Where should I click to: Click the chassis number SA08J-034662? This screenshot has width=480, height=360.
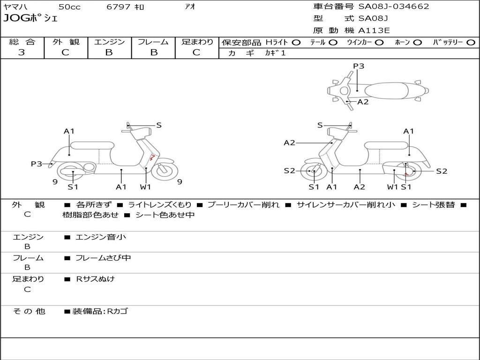click(x=394, y=7)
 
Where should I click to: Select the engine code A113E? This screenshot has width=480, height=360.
click(x=374, y=30)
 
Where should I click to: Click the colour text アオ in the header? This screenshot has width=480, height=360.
click(x=190, y=7)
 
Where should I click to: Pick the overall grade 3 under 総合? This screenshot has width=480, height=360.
click(x=22, y=52)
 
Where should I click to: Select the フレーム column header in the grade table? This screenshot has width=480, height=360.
click(x=153, y=42)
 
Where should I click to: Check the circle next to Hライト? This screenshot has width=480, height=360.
click(x=296, y=42)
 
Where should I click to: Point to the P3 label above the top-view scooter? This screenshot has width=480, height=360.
click(x=359, y=66)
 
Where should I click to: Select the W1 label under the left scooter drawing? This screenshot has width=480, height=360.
click(x=146, y=187)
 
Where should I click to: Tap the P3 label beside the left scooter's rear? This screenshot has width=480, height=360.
click(x=37, y=164)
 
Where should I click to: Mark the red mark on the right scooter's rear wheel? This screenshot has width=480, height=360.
click(x=407, y=172)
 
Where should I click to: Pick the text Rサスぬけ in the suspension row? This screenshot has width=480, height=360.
click(x=95, y=279)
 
